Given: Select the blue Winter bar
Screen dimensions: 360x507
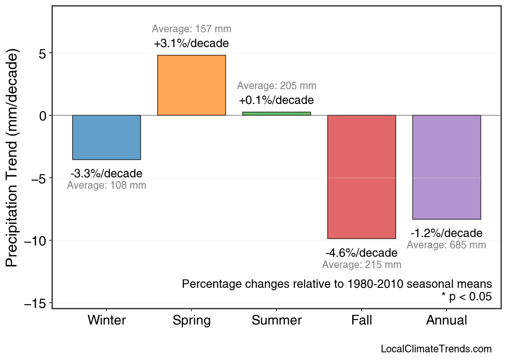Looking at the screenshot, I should (106, 137).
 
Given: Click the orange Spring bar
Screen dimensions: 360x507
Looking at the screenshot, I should (191, 85).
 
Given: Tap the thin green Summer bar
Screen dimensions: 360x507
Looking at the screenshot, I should (276, 114).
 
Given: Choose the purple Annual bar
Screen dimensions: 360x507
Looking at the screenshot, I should (447, 167).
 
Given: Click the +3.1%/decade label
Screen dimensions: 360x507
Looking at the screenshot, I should (191, 43).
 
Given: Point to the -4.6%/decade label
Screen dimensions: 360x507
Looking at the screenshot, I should (362, 253).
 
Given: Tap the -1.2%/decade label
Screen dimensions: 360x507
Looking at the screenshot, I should (447, 233).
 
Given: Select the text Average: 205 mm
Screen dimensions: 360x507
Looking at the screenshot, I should (276, 86).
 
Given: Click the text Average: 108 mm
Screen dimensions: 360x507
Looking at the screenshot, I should (106, 186).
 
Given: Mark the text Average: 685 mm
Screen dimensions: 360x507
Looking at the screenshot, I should (447, 245).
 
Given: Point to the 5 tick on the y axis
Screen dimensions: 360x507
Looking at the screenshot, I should (43, 53).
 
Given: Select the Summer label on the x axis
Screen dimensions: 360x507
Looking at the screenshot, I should (276, 320).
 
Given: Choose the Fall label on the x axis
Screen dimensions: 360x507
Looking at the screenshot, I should (362, 320).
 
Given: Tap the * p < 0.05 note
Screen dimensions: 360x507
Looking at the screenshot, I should (466, 297).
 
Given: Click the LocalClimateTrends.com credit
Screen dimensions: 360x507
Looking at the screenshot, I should (436, 349).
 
